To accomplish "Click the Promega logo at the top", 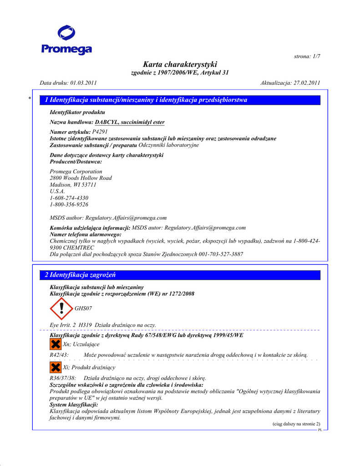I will [66, 41].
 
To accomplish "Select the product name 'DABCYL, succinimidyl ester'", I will [130, 122].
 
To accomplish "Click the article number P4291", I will [100, 132].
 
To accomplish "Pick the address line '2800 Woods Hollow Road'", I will [81, 178].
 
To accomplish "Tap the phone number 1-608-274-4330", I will [69, 198].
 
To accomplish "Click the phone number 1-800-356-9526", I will [69, 205].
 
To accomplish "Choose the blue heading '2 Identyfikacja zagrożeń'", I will [80, 275].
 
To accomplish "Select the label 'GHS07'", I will [83, 309].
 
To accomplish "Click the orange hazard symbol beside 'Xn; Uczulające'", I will [56, 344].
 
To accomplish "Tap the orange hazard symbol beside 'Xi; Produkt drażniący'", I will [56, 367].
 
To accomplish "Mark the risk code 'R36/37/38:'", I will [63, 378].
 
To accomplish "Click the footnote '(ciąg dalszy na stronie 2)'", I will [296, 424].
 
